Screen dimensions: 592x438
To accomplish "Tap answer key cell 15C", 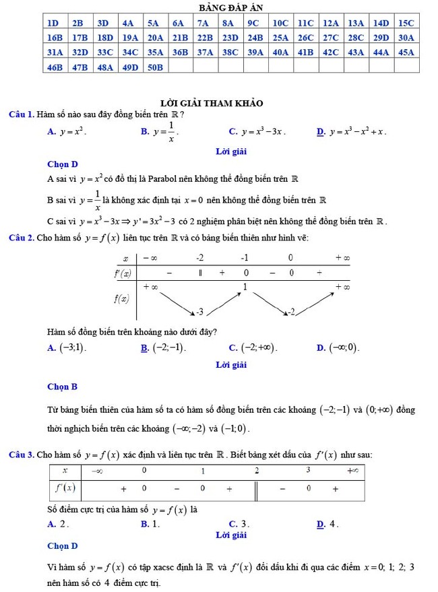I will coord(406,22).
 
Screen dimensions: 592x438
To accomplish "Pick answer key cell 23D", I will coord(230,37).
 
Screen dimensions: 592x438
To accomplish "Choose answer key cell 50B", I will coord(155,67).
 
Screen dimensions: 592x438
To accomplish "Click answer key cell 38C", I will coord(230,52).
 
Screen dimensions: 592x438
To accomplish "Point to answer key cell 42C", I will coord(330,52).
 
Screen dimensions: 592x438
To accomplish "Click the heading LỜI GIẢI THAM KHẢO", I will coord(212,103).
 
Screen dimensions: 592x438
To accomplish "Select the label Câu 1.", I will coord(21,115).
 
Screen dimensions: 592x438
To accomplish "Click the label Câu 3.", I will coord(21,455).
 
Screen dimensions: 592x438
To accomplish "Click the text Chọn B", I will coord(62,387).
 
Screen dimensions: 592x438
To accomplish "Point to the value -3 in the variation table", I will coord(199,311).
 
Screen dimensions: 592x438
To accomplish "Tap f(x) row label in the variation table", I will coord(122,299).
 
